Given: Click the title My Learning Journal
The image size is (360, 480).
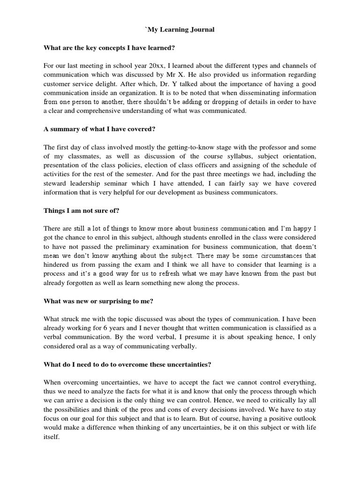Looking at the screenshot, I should point(180,30).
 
